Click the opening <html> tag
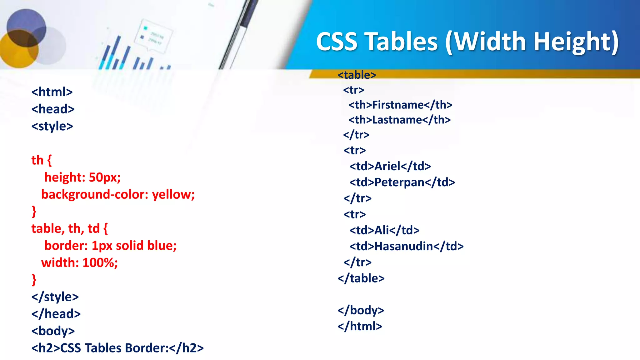[52, 92]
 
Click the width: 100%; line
[79, 263]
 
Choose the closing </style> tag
[55, 297]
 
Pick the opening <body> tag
[53, 331]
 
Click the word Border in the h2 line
[147, 348]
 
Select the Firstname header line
[400, 105]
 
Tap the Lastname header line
[400, 120]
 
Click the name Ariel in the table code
[387, 166]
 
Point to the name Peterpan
[399, 182]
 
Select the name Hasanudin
[404, 247]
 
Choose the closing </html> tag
[360, 326]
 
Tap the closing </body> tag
[361, 310]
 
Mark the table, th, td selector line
[69, 229]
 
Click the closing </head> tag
[56, 314]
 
